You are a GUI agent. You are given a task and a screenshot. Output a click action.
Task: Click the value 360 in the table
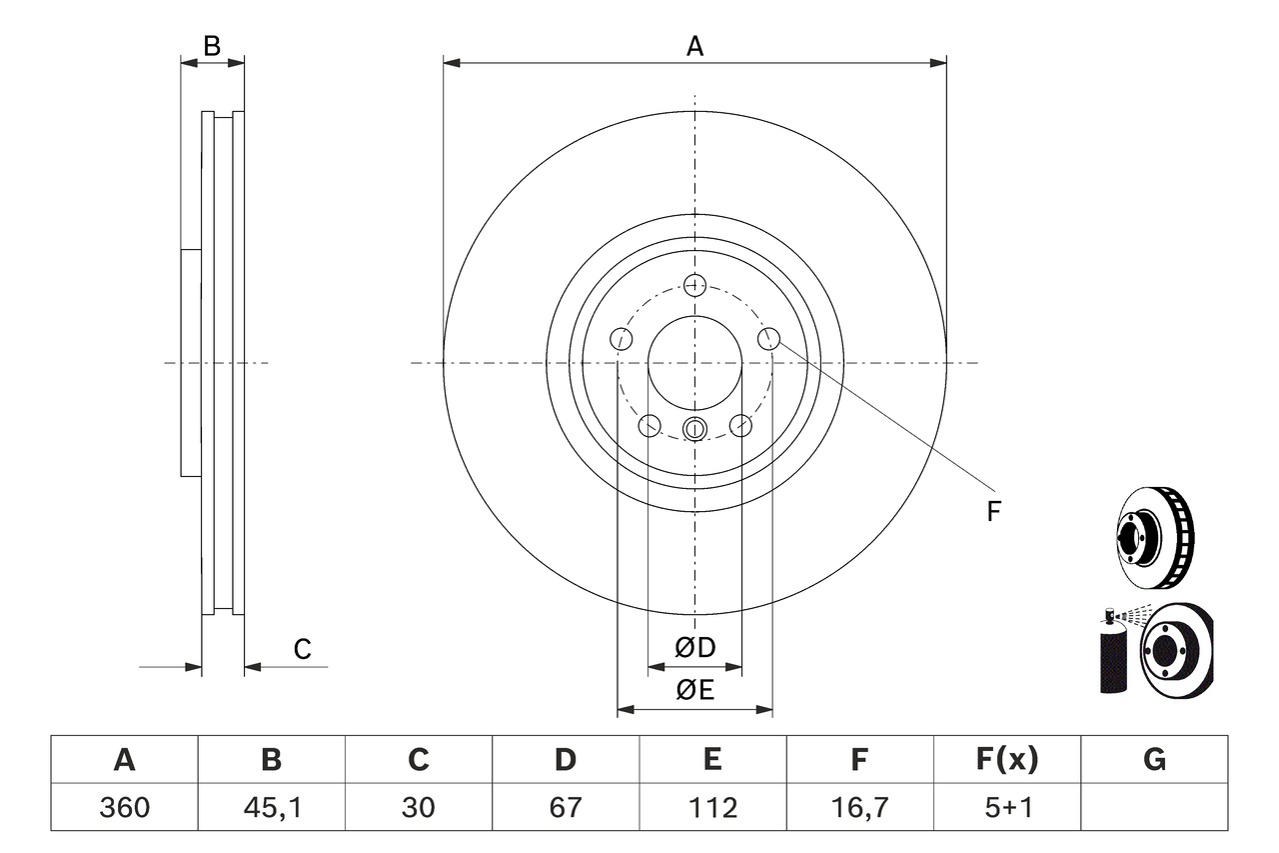pos(124,806)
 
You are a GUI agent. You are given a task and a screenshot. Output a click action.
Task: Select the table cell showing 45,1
pos(271,806)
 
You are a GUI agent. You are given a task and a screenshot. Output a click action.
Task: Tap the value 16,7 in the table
pos(858,806)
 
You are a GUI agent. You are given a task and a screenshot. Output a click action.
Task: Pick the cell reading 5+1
pos(1006,806)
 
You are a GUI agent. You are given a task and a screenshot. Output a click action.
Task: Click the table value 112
pos(711,806)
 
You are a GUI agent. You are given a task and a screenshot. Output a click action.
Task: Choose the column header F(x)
pos(1006,760)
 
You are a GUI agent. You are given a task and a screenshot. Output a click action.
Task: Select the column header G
pos(1154,760)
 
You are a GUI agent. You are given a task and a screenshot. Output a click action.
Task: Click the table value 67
pos(566,806)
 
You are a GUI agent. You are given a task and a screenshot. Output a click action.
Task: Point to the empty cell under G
pos(1154,806)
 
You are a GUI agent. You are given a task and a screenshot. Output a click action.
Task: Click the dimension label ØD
pos(695,648)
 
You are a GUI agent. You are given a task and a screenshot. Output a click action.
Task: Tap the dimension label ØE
pos(695,691)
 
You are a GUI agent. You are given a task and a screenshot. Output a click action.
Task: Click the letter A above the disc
pos(694,45)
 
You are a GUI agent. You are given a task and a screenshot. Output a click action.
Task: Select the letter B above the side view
pos(212,45)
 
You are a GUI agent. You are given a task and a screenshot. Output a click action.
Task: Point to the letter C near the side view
pos(302,649)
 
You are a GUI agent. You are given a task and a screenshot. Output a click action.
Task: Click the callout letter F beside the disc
pos(993,512)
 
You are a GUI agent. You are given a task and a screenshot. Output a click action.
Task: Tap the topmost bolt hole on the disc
pos(694,285)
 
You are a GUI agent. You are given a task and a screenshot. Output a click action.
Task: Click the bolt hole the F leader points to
pos(768,339)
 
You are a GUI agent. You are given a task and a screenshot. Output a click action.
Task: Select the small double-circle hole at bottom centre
pos(694,429)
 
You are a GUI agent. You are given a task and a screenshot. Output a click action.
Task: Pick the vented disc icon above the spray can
pos(1154,538)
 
